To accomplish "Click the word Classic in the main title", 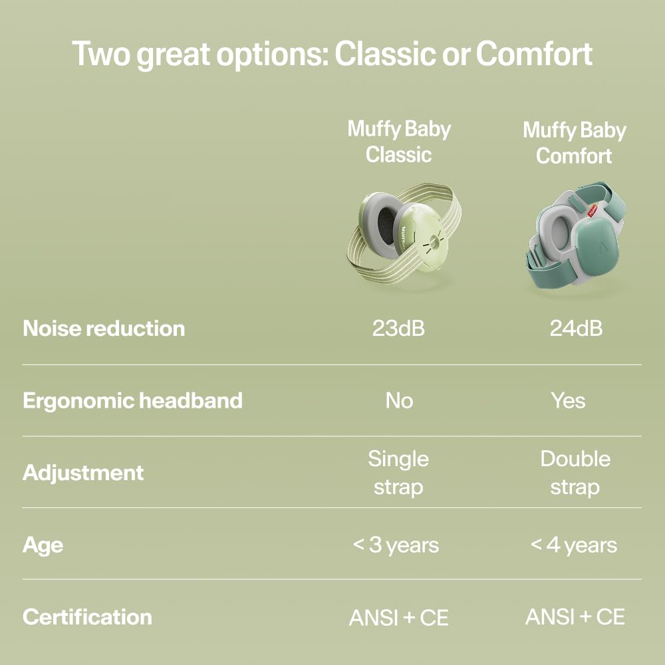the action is pyautogui.click(x=385, y=53).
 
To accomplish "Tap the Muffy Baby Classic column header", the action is pyautogui.click(x=398, y=142).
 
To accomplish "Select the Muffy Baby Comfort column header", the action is pyautogui.click(x=575, y=143).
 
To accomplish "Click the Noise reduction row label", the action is pyautogui.click(x=104, y=329).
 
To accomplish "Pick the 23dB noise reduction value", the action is pyautogui.click(x=398, y=329).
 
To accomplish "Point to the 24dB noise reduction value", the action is pyautogui.click(x=576, y=329).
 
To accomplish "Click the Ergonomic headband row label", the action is pyautogui.click(x=133, y=401).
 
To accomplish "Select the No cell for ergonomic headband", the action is pyautogui.click(x=399, y=400).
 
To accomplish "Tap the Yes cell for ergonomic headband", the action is pyautogui.click(x=569, y=400).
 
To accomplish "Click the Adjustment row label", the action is pyautogui.click(x=83, y=473).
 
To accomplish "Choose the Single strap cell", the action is pyautogui.click(x=398, y=473).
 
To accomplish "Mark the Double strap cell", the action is pyautogui.click(x=575, y=473).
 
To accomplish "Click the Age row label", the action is pyautogui.click(x=43, y=545).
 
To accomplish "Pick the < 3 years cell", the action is pyautogui.click(x=396, y=545).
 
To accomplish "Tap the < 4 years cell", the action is pyautogui.click(x=574, y=545).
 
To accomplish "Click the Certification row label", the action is pyautogui.click(x=87, y=617).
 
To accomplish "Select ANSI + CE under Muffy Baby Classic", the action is pyautogui.click(x=398, y=618).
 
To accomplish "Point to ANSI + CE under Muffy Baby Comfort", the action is pyautogui.click(x=575, y=616).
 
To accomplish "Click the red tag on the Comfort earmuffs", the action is pyautogui.click(x=592, y=211).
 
